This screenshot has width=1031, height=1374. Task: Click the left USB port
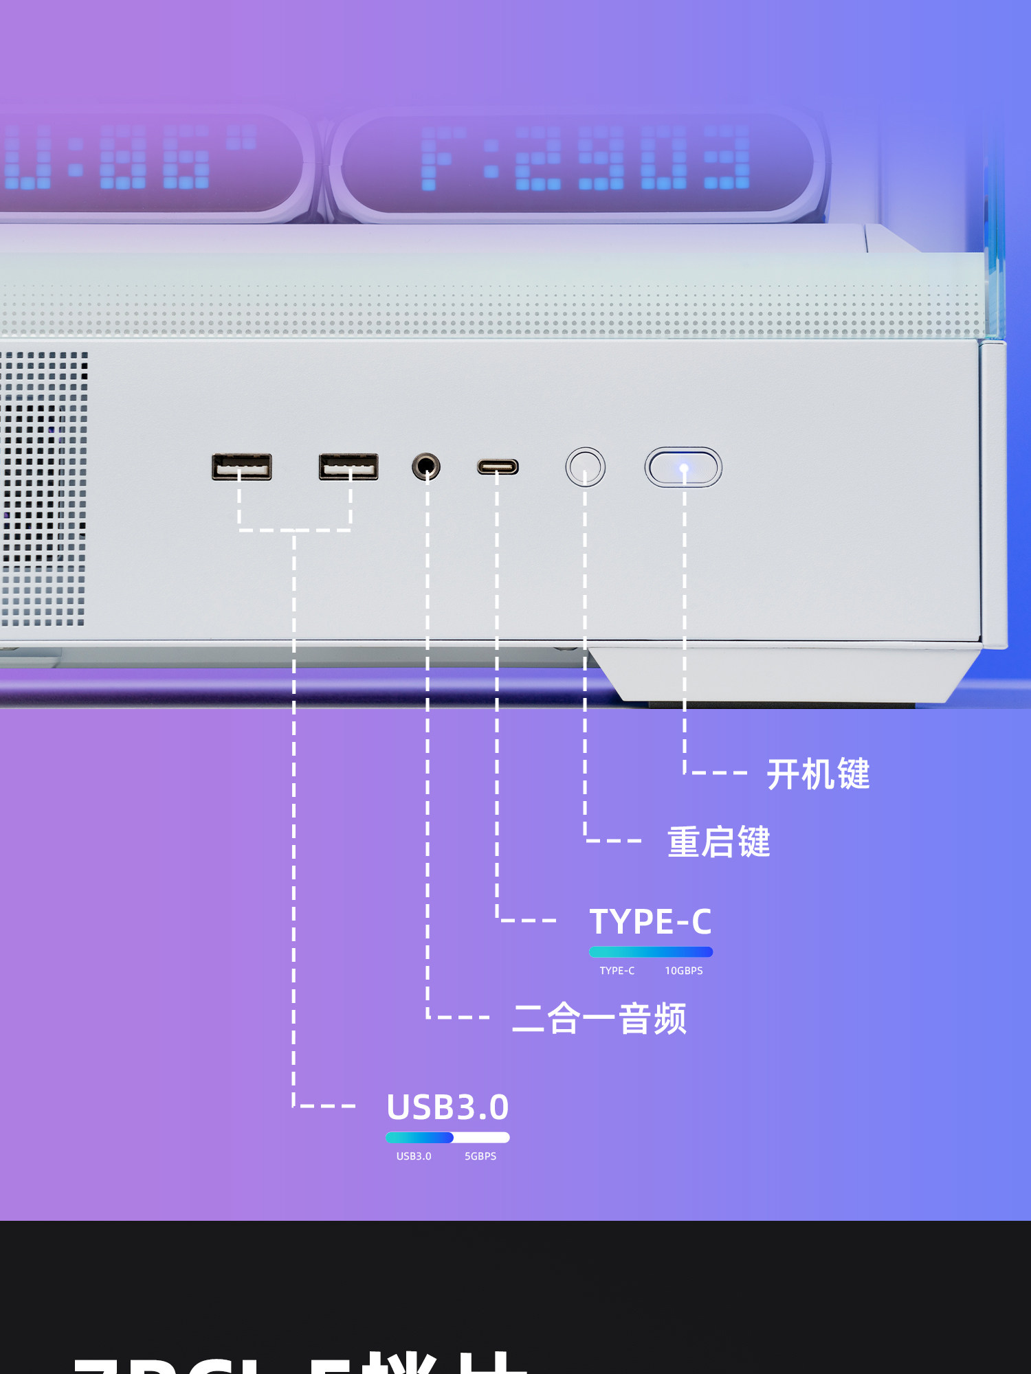click(241, 466)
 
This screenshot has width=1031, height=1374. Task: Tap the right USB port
click(348, 466)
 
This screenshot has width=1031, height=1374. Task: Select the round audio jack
click(426, 466)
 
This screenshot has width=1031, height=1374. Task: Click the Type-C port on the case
click(498, 467)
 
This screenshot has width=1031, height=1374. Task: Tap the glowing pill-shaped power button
click(683, 467)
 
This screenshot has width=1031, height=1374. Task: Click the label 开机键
click(818, 774)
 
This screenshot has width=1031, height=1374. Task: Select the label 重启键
click(719, 842)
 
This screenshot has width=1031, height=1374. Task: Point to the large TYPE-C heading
click(650, 921)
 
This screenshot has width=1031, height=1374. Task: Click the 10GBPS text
click(684, 971)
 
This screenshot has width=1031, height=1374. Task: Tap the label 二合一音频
click(599, 1018)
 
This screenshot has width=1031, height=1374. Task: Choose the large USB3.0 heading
click(447, 1107)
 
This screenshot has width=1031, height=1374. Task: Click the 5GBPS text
click(480, 1156)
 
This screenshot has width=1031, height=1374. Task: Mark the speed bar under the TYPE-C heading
click(651, 952)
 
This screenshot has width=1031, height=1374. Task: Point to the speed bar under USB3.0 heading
click(447, 1138)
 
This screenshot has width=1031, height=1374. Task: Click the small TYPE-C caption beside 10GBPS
click(617, 971)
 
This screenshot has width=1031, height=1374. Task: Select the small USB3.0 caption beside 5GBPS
click(414, 1156)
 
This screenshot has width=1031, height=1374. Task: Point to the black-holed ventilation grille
click(43, 488)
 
